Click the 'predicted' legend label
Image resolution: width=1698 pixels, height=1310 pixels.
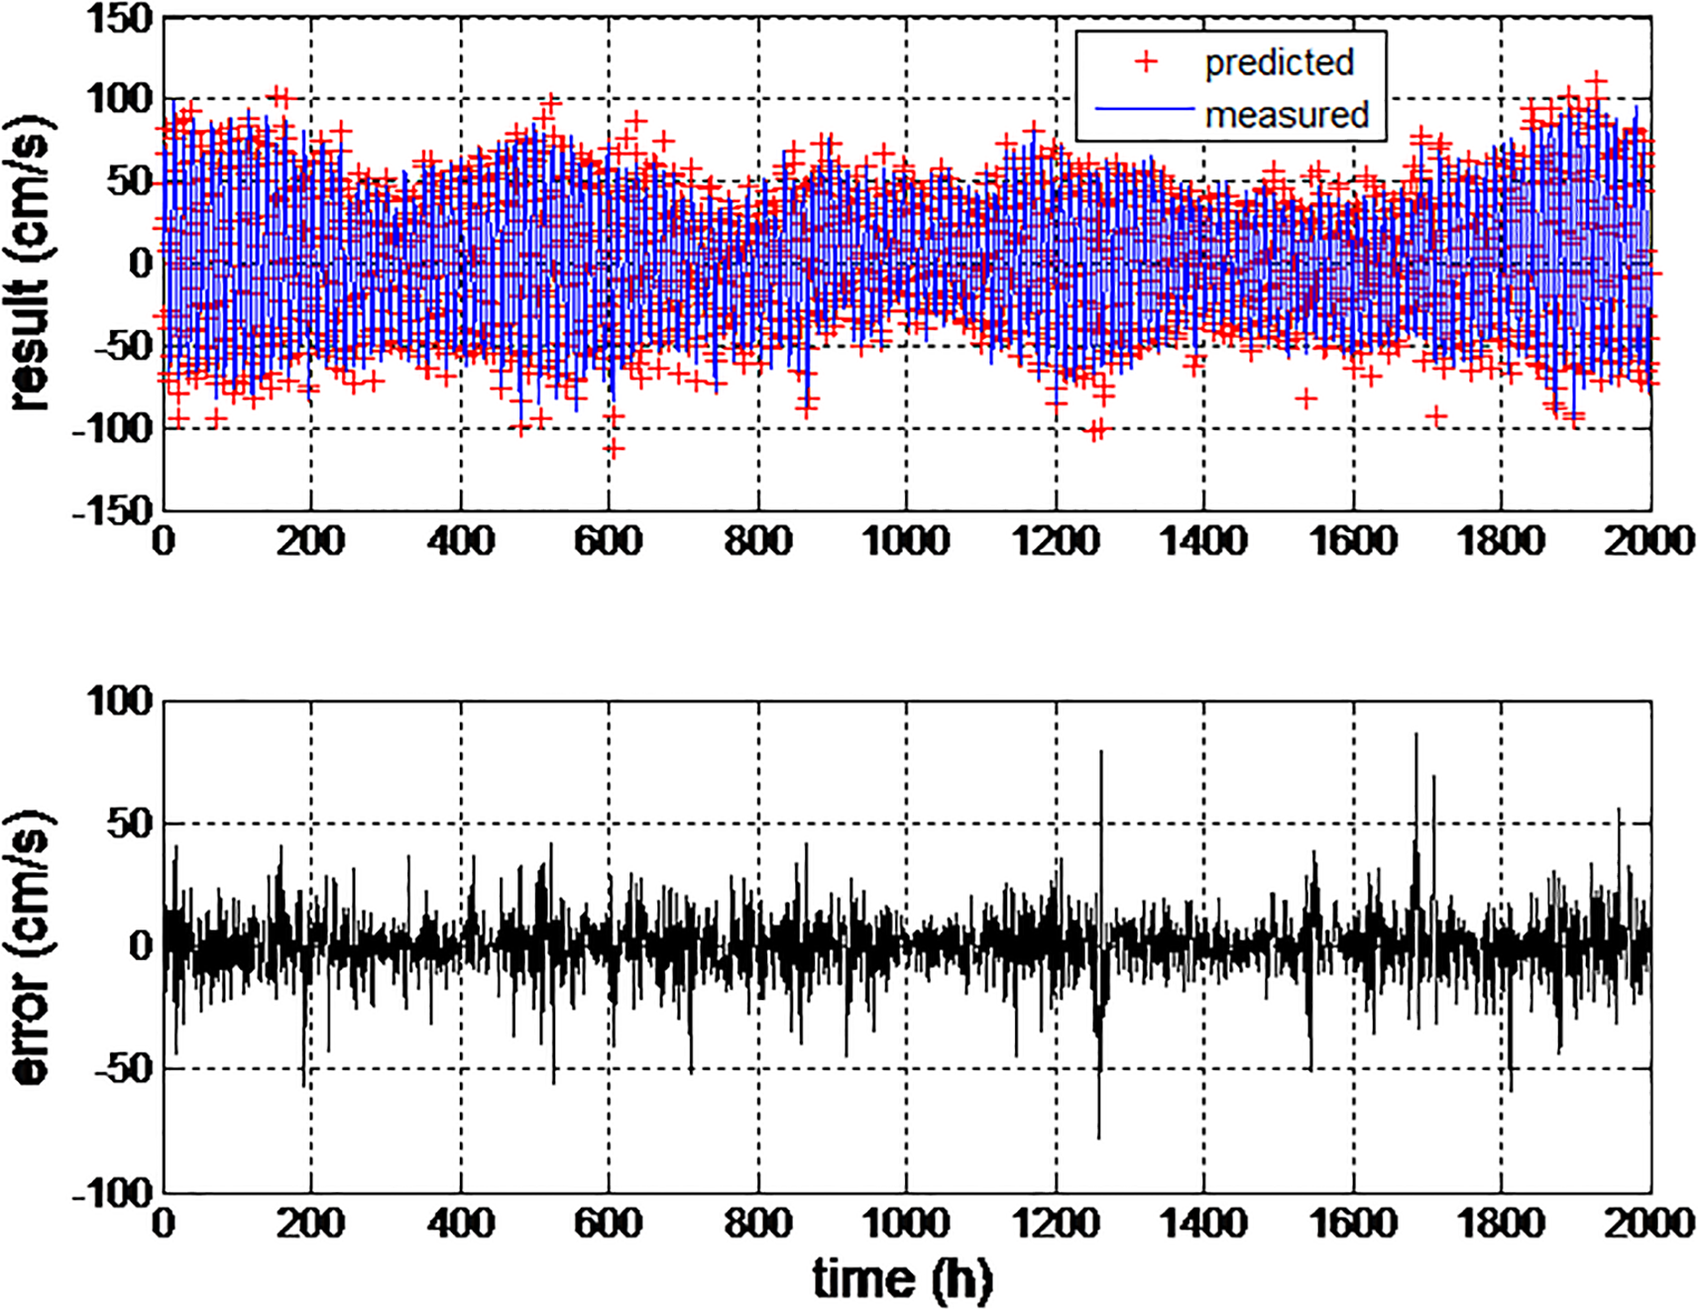tap(1279, 62)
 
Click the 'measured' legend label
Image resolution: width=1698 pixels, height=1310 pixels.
tap(1286, 115)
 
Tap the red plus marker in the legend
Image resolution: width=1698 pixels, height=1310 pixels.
tap(1146, 61)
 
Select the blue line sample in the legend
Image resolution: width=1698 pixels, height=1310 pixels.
tap(1145, 110)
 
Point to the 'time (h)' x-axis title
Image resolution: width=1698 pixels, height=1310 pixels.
tap(902, 1278)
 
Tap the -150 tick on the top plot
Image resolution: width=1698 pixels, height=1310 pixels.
tap(111, 510)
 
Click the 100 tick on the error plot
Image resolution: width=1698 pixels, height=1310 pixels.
tap(119, 701)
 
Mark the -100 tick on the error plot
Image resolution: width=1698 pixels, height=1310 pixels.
tap(111, 1192)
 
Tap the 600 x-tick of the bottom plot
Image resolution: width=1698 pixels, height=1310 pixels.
tap(609, 1223)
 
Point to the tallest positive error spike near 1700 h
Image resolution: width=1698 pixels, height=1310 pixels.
tap(1415, 735)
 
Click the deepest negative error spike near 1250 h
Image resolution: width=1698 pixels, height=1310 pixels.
tap(1098, 1136)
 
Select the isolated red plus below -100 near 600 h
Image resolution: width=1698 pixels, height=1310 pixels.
tap(615, 449)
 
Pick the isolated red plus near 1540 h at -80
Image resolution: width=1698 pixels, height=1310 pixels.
tap(1306, 398)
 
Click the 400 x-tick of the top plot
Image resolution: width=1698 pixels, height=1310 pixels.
tap(461, 541)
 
